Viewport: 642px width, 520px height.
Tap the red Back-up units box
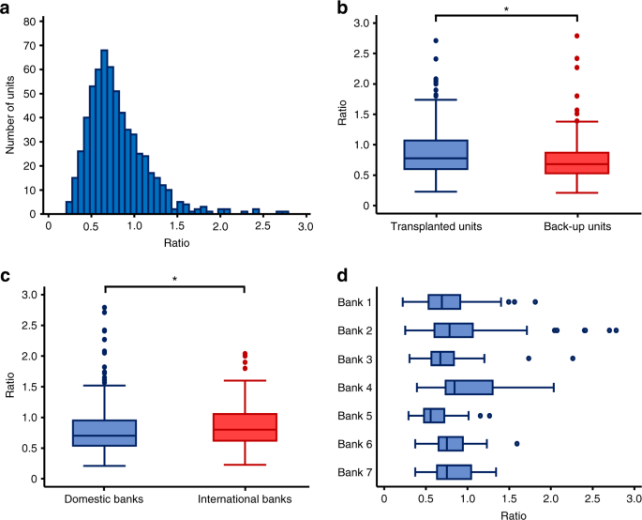[576, 163]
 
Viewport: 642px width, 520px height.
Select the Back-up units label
[576, 228]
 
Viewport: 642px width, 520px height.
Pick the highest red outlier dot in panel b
[576, 36]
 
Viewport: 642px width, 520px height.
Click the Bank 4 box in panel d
[469, 387]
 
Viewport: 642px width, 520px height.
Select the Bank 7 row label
[357, 471]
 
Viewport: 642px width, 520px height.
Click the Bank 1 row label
[357, 301]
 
